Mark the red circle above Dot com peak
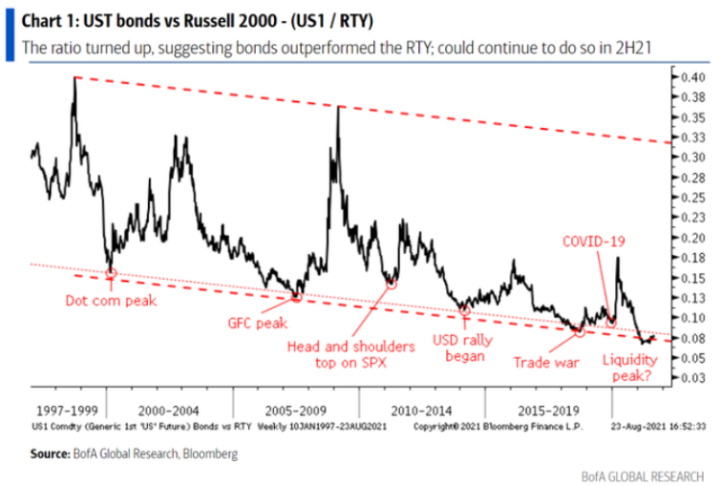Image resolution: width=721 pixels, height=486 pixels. click(x=111, y=273)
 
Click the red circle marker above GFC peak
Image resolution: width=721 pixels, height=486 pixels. click(x=296, y=296)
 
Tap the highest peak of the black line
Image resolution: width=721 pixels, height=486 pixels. click(x=74, y=78)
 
